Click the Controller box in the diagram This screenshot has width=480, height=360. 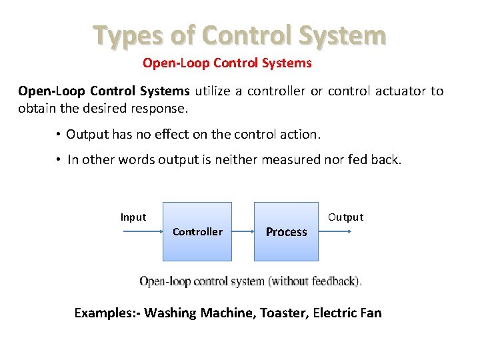coord(197,231)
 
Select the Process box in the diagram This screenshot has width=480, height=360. coord(286,231)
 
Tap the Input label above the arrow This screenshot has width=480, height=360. coord(133,217)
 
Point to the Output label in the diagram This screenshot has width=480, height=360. coord(345,217)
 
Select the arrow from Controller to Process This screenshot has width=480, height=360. coord(243,231)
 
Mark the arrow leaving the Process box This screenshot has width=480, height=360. coord(335,231)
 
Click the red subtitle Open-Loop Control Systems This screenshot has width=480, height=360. coord(227,63)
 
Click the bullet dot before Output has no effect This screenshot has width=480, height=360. coord(59,135)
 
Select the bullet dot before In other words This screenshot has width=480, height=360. coord(59,160)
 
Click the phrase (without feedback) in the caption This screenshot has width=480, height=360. coord(315,281)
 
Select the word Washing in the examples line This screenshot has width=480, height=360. coord(169,313)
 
